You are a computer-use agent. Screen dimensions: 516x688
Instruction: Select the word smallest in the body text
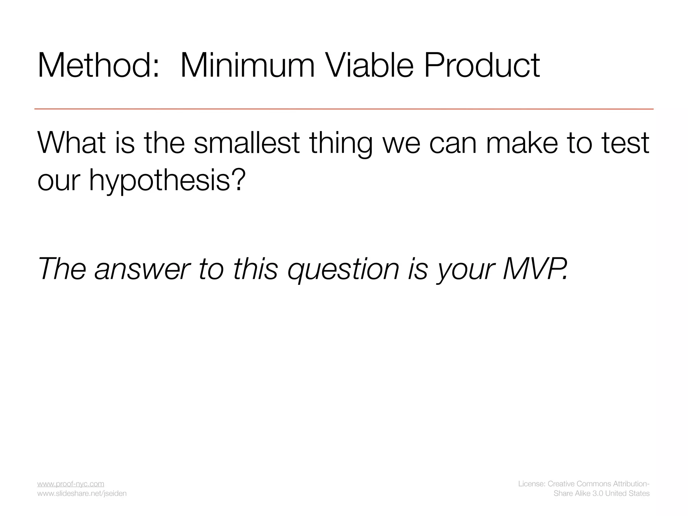[247, 143]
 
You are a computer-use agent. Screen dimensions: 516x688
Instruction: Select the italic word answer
[142, 269]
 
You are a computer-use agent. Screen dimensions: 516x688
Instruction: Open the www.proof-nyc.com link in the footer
[71, 484]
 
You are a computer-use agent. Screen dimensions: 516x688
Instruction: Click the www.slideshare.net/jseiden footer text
[82, 493]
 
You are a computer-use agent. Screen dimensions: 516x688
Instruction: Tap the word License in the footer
[531, 484]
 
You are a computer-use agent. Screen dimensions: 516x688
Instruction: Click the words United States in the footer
[628, 493]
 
